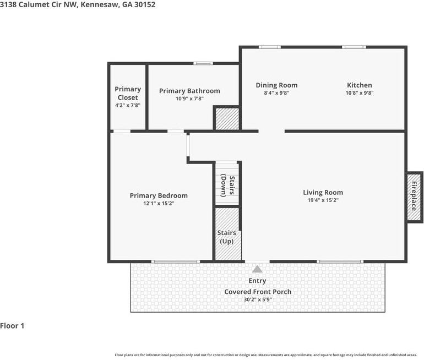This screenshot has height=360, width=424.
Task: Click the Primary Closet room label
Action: (128, 93)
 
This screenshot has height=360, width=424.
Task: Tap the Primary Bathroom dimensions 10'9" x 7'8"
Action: (189, 99)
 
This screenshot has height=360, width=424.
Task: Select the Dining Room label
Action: (276, 85)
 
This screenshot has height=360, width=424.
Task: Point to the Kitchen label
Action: (359, 85)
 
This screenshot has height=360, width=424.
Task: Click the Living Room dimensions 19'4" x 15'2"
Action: (323, 200)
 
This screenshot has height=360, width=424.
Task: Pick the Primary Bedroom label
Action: (159, 195)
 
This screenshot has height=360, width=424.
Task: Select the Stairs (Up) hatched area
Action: (227, 234)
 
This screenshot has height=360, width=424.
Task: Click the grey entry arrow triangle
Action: (257, 269)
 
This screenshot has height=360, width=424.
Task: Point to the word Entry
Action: (257, 281)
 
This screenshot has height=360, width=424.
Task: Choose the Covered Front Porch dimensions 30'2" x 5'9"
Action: (257, 299)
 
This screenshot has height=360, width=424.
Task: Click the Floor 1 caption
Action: (12, 326)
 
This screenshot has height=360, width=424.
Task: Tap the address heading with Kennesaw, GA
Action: (78, 4)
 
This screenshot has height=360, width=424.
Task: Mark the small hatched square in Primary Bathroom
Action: (226, 119)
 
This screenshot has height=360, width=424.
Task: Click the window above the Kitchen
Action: (354, 47)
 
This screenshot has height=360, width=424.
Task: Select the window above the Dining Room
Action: (270, 47)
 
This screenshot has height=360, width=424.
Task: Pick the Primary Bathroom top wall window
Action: (203, 64)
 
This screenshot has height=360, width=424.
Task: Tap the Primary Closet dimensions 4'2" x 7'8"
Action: (128, 105)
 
